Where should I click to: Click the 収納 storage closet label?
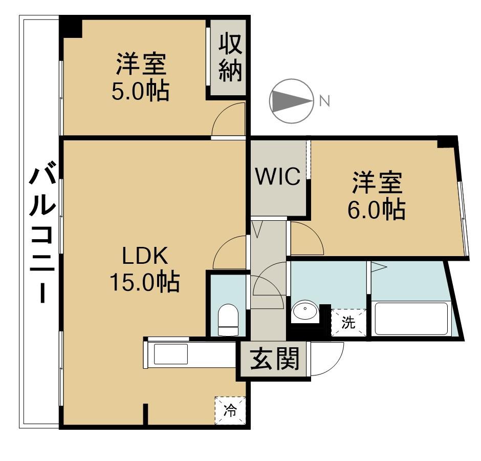[230, 57]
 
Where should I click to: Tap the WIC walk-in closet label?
[278, 177]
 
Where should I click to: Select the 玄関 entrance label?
[275, 361]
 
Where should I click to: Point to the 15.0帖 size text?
[145, 282]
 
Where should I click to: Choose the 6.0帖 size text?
[377, 210]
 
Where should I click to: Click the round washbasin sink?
[305, 311]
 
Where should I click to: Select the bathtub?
[411, 319]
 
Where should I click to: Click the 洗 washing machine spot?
[348, 323]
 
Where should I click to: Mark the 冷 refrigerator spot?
[230, 410]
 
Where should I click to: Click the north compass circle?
[291, 101]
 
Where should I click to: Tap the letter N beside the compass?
[324, 101]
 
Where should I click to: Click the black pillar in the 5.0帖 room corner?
[71, 27]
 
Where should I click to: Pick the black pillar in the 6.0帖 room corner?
[447, 142]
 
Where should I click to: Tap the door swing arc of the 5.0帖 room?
[227, 119]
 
